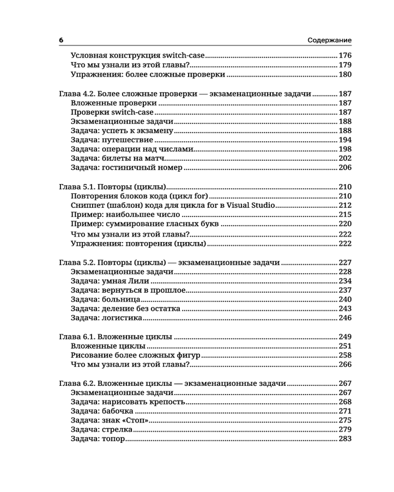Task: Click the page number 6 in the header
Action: (x=61, y=40)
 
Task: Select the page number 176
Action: (x=344, y=56)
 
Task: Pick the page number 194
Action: (x=344, y=140)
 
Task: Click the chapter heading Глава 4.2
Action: (x=78, y=94)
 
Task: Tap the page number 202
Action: (x=344, y=158)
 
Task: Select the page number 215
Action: (x=344, y=215)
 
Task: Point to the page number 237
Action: (x=344, y=290)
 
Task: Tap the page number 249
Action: (x=344, y=337)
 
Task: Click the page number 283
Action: (x=344, y=439)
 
